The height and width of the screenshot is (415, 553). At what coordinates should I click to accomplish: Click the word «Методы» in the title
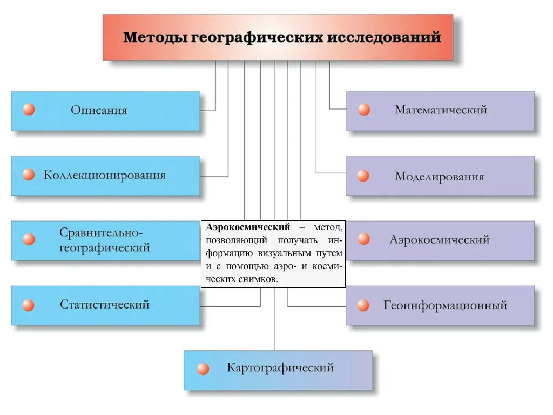pos(154,38)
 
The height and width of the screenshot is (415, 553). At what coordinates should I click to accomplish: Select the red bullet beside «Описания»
pos(29,110)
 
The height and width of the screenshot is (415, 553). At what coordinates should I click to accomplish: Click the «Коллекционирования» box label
pos(104,175)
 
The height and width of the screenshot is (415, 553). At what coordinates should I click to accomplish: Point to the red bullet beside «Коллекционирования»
pos(29,175)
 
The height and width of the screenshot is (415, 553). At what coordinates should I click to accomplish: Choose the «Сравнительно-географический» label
pos(104,240)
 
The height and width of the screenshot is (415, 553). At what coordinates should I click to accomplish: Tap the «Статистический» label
pos(104,304)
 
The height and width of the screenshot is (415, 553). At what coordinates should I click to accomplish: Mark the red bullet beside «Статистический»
pos(29,305)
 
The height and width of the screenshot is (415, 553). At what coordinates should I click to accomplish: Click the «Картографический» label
pos(280,368)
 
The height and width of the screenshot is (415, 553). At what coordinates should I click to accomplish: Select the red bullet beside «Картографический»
pos(203,369)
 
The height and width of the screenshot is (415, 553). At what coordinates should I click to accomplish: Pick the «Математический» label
pos(441,110)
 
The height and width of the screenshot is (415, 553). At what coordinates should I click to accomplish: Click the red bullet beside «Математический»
pos(364,110)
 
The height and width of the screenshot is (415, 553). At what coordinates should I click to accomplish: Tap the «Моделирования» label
pos(439,177)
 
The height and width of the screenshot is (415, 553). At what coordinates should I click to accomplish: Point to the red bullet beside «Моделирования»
pos(363,176)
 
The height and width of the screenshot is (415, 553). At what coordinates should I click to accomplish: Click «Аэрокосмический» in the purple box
pos(439,239)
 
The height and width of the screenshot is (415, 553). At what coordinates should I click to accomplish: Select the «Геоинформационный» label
pos(445,305)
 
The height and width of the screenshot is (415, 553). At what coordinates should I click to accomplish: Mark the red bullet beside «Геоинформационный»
pos(363,305)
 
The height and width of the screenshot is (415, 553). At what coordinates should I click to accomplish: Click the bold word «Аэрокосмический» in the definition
pos(248,227)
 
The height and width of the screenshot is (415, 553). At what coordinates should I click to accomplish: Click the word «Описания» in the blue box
pos(99,110)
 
